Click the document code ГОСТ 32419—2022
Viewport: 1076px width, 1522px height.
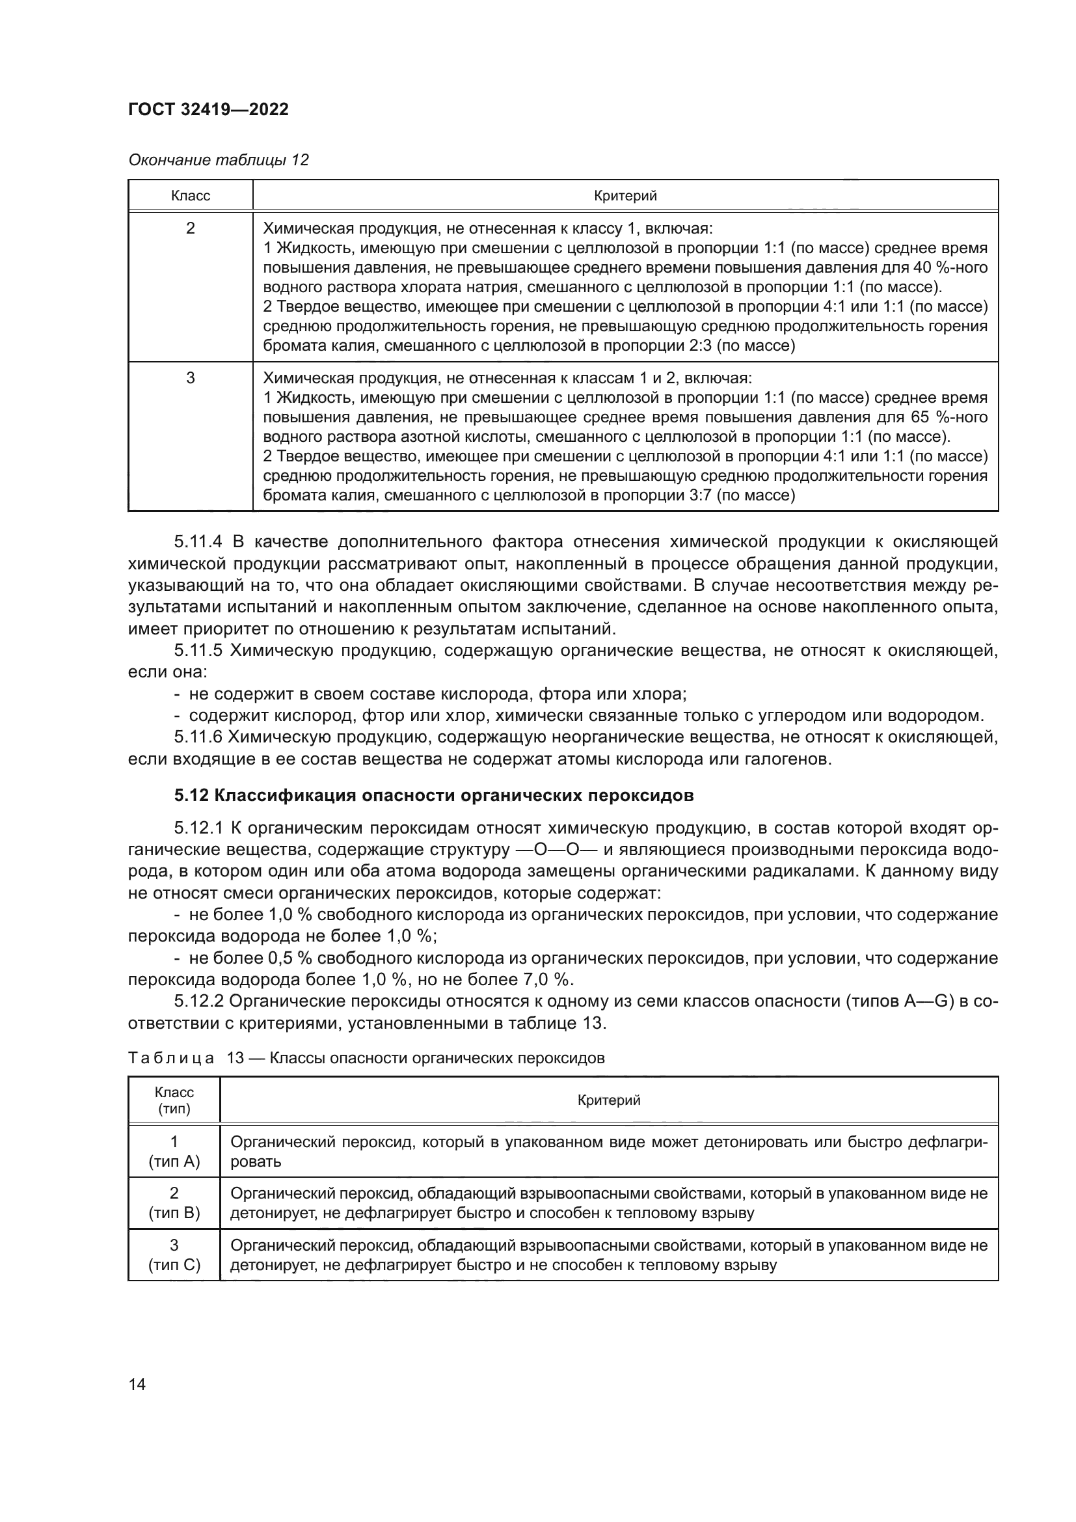pos(208,109)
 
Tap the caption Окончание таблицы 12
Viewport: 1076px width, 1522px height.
pos(219,160)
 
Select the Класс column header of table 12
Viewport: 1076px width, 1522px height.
pos(190,196)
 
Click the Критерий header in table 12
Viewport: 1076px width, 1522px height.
pos(625,196)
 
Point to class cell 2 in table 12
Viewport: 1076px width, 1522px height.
pos(190,228)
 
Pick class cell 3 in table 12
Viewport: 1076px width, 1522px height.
pos(190,379)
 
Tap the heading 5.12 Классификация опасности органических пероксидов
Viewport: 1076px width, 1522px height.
pos(434,795)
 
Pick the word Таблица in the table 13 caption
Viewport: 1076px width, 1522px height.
pos(171,1058)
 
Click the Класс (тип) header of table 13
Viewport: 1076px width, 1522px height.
pos(174,1101)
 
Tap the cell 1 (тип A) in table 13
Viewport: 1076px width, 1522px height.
pos(174,1152)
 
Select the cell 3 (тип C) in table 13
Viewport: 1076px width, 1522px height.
pos(174,1255)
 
